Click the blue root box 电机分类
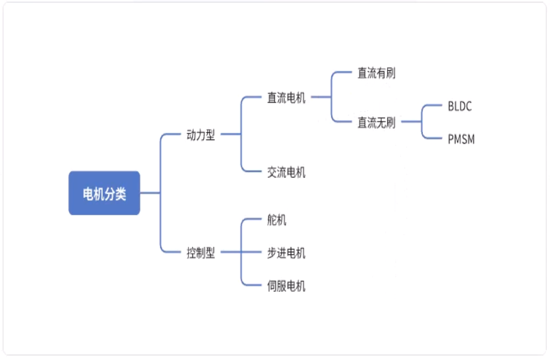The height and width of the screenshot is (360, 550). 104,193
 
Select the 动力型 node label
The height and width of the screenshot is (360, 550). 201,135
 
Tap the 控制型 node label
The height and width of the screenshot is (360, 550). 201,252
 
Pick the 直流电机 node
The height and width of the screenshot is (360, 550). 286,97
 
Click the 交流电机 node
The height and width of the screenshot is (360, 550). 286,172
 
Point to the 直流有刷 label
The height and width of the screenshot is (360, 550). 376,73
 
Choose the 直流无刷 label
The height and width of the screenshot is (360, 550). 376,123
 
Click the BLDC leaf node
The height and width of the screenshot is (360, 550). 460,107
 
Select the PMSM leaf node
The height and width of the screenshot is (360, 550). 461,139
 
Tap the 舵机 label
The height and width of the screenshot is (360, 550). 277,220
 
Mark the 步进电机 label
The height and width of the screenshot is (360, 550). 286,252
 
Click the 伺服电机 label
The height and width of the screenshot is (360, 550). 286,286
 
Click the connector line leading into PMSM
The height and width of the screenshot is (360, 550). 434,138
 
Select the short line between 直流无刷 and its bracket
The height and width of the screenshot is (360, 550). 410,123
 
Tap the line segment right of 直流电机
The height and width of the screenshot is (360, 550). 321,97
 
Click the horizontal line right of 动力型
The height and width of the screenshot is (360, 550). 230,135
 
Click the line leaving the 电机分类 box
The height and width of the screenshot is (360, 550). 150,193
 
